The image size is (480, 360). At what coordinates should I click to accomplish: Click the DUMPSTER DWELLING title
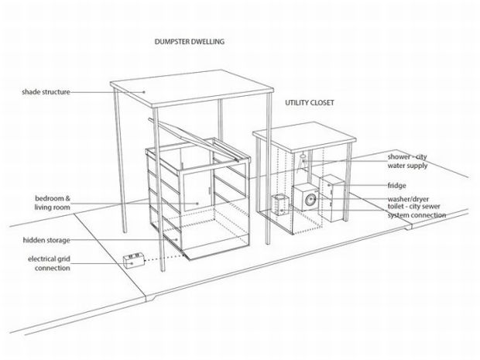pyautogui.click(x=189, y=42)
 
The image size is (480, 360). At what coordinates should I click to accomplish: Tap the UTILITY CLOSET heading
pyautogui.click(x=310, y=102)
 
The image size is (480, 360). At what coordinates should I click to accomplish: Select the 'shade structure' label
pyautogui.click(x=46, y=92)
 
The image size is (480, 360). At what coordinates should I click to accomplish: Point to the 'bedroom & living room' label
pyautogui.click(x=53, y=203)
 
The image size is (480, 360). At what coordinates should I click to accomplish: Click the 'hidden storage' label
pyautogui.click(x=46, y=240)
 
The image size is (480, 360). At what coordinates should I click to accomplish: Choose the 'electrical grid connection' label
pyautogui.click(x=50, y=263)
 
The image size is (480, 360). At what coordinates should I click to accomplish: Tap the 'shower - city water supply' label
pyautogui.click(x=407, y=161)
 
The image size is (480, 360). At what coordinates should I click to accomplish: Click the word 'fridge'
pyautogui.click(x=396, y=185)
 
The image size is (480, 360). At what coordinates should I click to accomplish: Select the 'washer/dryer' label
pyautogui.click(x=408, y=199)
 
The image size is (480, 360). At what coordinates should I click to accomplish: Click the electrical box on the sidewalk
pyautogui.click(x=134, y=260)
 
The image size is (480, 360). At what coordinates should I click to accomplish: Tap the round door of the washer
pyautogui.click(x=310, y=200)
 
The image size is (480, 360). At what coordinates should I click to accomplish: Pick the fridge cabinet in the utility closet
pyautogui.click(x=331, y=198)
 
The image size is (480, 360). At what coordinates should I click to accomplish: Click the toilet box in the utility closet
pyautogui.click(x=280, y=204)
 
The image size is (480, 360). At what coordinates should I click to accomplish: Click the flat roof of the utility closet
pyautogui.click(x=304, y=136)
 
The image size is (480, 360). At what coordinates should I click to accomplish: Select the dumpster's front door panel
pyautogui.click(x=197, y=190)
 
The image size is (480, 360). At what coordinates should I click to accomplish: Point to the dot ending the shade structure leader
pyautogui.click(x=144, y=91)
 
